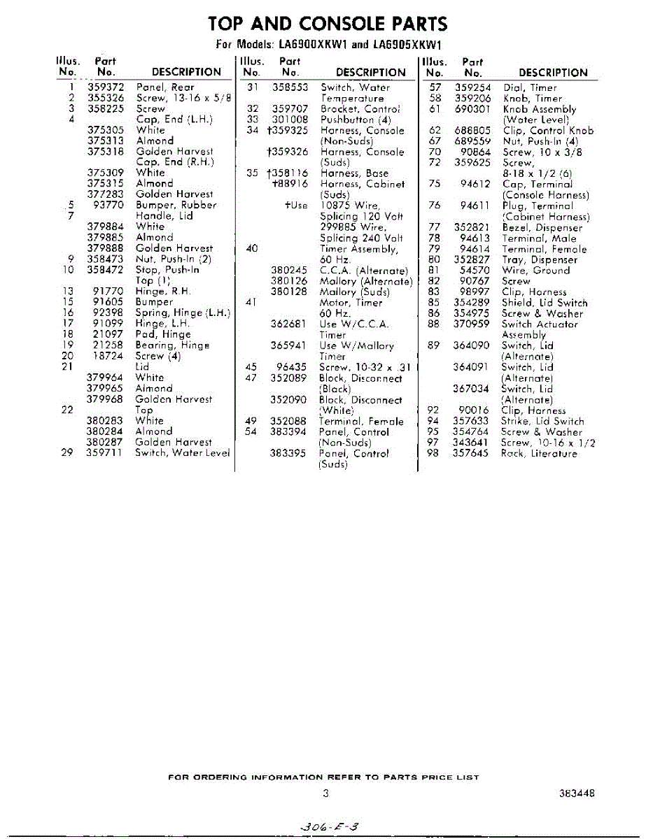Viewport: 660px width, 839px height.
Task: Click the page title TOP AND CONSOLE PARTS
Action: pyautogui.click(x=328, y=24)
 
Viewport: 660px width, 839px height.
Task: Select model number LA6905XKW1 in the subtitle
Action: pyautogui.click(x=406, y=45)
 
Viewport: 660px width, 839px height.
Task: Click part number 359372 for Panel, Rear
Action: pyautogui.click(x=106, y=87)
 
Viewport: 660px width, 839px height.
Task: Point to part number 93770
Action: pyautogui.click(x=108, y=206)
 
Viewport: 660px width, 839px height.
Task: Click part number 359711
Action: pyautogui.click(x=106, y=453)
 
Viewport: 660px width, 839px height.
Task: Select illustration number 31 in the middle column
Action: pyautogui.click(x=253, y=87)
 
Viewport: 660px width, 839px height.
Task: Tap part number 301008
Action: pyautogui.click(x=290, y=120)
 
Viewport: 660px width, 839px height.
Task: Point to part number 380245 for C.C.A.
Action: pyautogui.click(x=289, y=271)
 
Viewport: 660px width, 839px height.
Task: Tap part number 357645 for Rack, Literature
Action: pyautogui.click(x=471, y=454)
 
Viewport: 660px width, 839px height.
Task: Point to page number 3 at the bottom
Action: pyautogui.click(x=326, y=793)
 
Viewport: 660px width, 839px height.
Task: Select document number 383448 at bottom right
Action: pyautogui.click(x=577, y=794)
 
